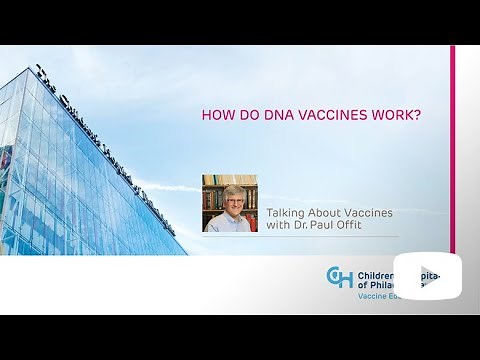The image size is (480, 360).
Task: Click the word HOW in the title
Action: (x=219, y=115)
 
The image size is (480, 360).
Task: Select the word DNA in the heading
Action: (x=274, y=115)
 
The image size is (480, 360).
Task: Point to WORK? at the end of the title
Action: (x=398, y=115)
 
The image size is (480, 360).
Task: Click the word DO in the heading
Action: (x=247, y=115)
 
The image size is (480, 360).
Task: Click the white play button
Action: (x=427, y=276)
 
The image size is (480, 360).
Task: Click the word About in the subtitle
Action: (x=326, y=212)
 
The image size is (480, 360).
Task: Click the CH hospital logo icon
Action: (x=339, y=277)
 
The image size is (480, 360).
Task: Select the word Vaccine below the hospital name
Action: (x=374, y=297)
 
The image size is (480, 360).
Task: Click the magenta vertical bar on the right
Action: (x=452, y=150)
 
